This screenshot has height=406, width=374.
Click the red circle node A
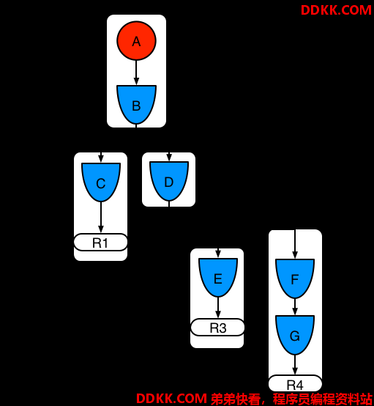click(x=136, y=40)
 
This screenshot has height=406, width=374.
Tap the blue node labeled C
click(x=101, y=182)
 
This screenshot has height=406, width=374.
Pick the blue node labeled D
click(x=169, y=181)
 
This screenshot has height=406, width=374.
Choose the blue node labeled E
click(x=218, y=277)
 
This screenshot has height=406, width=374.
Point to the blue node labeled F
click(x=295, y=278)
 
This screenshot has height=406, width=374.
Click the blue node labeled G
click(x=295, y=335)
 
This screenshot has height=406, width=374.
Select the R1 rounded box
click(x=100, y=243)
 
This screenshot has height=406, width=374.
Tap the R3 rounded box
click(x=217, y=328)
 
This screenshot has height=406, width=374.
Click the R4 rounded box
click(x=295, y=384)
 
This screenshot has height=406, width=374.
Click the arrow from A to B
click(x=136, y=73)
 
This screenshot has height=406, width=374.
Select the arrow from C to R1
click(x=101, y=218)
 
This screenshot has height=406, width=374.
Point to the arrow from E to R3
click(x=218, y=308)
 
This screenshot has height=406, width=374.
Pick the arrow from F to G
click(x=295, y=307)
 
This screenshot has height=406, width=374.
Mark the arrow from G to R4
click(x=295, y=365)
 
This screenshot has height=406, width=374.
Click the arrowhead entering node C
click(x=101, y=158)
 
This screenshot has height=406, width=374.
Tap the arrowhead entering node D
click(x=169, y=158)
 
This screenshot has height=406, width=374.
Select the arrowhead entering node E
click(x=218, y=254)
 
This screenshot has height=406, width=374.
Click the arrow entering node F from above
click(x=295, y=244)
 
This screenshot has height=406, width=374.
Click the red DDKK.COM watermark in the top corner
click(x=336, y=10)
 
